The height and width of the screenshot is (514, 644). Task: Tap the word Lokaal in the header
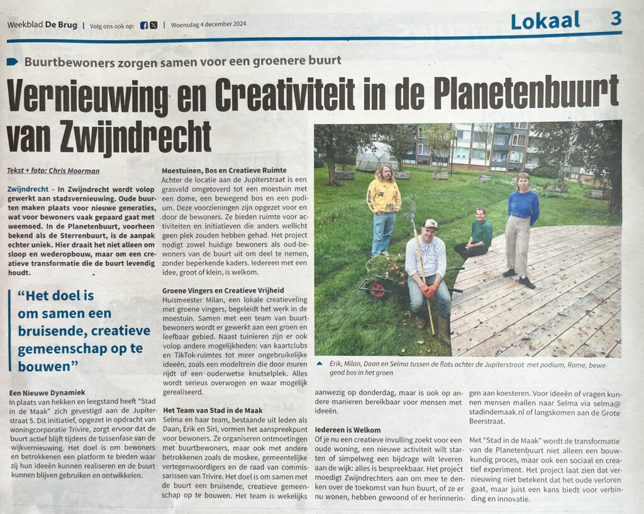pyautogui.click(x=545, y=20)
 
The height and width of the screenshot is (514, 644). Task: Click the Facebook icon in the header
pyautogui.click(x=144, y=25)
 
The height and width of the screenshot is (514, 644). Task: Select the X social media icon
pyautogui.click(x=153, y=25)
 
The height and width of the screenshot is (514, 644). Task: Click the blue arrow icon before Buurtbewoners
pyautogui.click(x=13, y=62)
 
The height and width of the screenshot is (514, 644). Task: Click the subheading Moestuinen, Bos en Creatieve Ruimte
pyautogui.click(x=224, y=170)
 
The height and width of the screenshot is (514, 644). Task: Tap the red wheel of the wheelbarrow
pyautogui.click(x=377, y=289)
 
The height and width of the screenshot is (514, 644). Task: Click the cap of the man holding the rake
pyautogui.click(x=430, y=224)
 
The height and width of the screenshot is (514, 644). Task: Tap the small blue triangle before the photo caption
pyautogui.click(x=321, y=363)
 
